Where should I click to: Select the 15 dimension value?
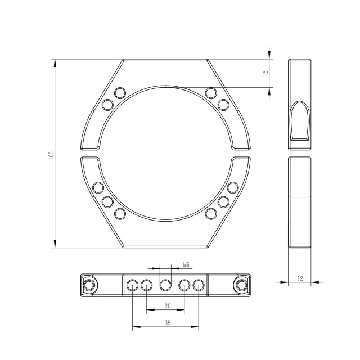(x=265, y=73)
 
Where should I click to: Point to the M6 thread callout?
(x=186, y=264)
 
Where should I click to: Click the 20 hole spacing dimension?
(x=166, y=306)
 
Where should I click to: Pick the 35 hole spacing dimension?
(x=168, y=323)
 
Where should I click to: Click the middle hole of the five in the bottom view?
(x=165, y=285)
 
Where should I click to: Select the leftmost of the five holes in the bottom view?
(x=132, y=285)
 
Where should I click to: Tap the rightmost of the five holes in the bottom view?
(x=198, y=285)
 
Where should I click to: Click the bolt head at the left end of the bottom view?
(x=88, y=285)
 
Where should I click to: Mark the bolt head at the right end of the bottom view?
(x=242, y=285)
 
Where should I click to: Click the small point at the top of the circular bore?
(x=165, y=87)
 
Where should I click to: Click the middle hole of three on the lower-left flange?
(x=107, y=201)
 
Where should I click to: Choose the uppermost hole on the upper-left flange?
(x=119, y=93)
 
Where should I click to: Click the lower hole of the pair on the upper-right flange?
(x=223, y=105)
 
